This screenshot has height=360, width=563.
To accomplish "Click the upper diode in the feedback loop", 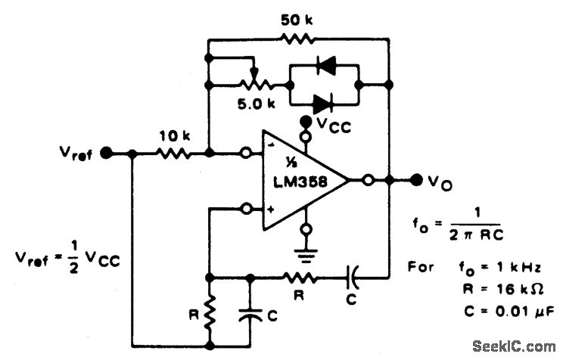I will tap(326, 67).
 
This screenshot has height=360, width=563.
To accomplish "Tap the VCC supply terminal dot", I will tap(306, 121).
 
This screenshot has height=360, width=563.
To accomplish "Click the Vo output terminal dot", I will tap(416, 180).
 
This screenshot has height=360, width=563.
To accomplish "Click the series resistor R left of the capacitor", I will tap(295, 278).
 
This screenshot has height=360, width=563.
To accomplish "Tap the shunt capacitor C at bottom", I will tap(249, 313).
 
